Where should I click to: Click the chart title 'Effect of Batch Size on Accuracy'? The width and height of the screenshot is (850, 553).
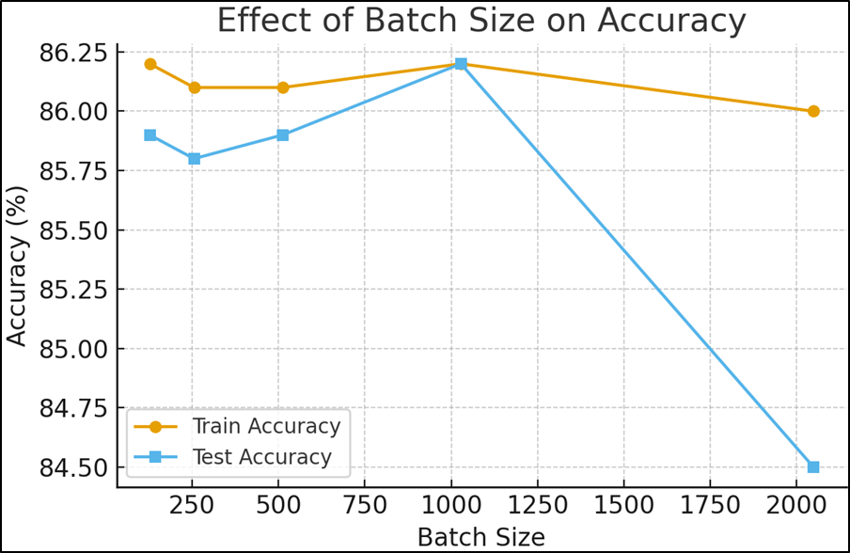point(481,21)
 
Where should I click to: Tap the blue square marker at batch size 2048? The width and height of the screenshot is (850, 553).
point(813,466)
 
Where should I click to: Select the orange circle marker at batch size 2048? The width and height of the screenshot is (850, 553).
point(813,111)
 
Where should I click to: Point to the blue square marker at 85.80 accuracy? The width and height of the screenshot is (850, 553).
point(194,158)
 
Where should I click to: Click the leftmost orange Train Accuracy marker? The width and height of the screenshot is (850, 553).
point(150,64)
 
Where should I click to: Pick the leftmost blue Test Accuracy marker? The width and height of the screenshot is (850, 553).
point(150,134)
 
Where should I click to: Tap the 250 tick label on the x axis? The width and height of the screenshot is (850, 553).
point(194,506)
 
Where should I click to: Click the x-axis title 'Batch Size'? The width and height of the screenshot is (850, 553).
point(480,536)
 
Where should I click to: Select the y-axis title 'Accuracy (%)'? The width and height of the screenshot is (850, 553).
point(17,264)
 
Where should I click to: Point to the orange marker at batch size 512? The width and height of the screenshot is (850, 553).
point(283,87)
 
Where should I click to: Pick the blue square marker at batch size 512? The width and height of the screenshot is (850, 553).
point(283,134)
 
